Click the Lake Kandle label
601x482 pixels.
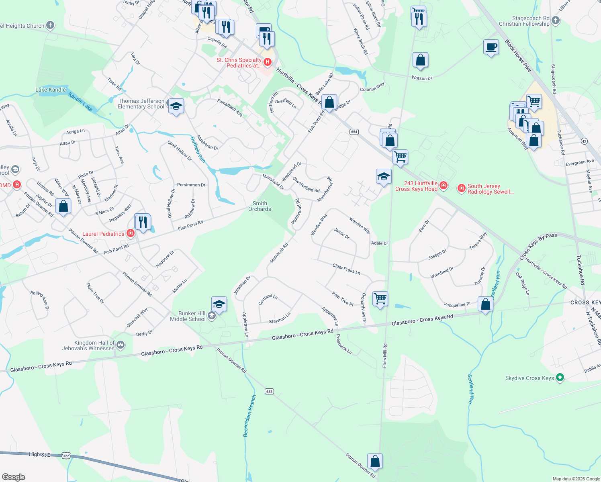pyautogui.click(x=51, y=90)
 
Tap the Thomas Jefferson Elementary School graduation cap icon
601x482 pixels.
pyautogui.click(x=176, y=106)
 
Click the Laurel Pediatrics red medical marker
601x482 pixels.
pyautogui.click(x=130, y=233)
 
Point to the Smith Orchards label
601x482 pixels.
pyautogui.click(x=260, y=206)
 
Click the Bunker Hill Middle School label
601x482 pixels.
pyautogui.click(x=188, y=316)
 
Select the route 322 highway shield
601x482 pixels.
pyautogui.click(x=66, y=455)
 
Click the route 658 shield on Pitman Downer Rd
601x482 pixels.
pyautogui.click(x=269, y=391)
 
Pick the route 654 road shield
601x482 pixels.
pyautogui.click(x=354, y=132)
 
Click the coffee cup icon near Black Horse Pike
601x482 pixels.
pyautogui.click(x=491, y=47)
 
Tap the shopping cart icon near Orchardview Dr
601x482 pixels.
pyautogui.click(x=380, y=298)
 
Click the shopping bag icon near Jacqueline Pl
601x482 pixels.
pyautogui.click(x=485, y=304)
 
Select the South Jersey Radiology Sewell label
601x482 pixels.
pyautogui.click(x=490, y=189)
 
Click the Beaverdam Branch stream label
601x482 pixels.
pyautogui.click(x=249, y=416)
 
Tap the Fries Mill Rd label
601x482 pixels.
pyautogui.click(x=384, y=355)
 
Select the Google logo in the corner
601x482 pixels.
pyautogui.click(x=14, y=477)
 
